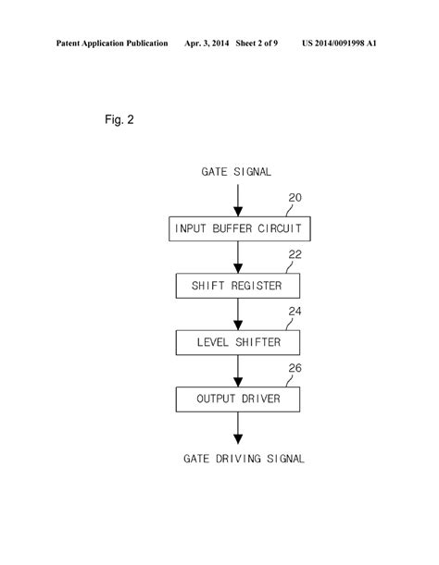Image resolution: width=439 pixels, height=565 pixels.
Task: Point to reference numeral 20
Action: (x=295, y=198)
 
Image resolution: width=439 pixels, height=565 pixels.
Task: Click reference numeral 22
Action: (x=295, y=255)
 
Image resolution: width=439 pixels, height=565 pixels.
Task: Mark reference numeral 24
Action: (x=295, y=313)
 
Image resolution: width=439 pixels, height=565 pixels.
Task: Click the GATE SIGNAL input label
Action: (x=237, y=171)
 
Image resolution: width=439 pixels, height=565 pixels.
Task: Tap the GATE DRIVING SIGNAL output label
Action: (x=244, y=458)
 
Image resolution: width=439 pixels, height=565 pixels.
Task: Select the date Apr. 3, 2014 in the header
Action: (x=211, y=43)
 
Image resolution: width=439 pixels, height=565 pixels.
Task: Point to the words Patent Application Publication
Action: (x=112, y=43)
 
